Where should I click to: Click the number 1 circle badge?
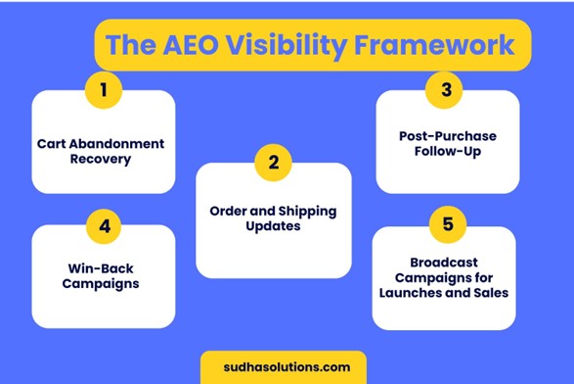pos(104,91)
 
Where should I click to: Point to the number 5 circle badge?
pos(447,224)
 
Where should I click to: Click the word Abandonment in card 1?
pos(120,144)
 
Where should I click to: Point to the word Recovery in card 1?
pos(101,159)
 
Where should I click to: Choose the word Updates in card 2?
pos(274,225)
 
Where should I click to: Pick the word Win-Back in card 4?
pos(101,267)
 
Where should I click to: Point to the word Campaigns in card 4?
pos(101,283)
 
